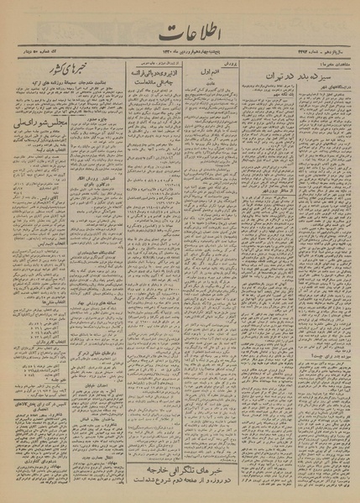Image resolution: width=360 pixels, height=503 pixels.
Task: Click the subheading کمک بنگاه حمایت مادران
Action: [95, 275]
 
